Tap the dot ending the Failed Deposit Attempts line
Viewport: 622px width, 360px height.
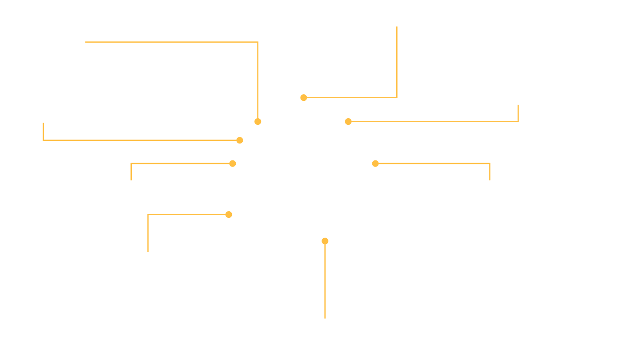304,98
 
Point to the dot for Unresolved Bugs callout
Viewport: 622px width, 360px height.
258,122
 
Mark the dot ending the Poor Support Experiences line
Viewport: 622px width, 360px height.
240,140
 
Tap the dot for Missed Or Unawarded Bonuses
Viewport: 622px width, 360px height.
348,122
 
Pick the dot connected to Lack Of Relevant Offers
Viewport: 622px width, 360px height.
375,163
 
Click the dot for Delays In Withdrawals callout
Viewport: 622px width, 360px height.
233,163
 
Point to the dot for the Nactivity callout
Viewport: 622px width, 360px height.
229,214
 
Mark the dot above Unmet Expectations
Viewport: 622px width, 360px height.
324,241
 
